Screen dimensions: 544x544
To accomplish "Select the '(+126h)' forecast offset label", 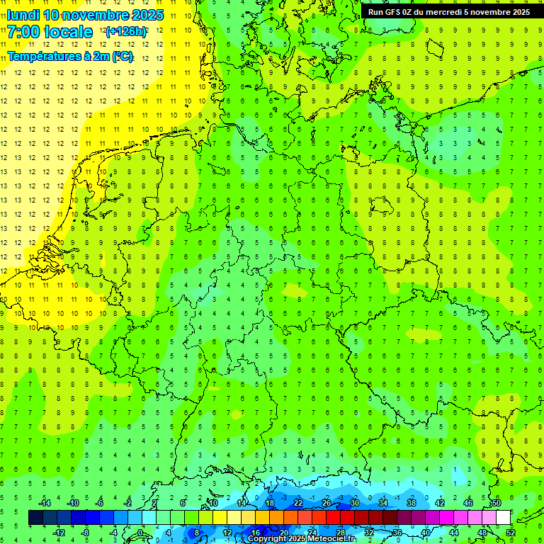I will (125, 32).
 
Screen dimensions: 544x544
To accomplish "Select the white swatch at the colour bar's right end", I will (504, 518).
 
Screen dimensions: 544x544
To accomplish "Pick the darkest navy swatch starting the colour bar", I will (35, 518).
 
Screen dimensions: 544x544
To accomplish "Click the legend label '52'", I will (511, 533).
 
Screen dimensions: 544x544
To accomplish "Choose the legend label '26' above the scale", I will (327, 503).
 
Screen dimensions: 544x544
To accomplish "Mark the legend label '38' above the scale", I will (412, 503).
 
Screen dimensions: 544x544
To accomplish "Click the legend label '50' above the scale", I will (497, 503).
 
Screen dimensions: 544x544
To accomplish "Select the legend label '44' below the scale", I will (454, 533).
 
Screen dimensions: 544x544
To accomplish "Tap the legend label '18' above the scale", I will (270, 503).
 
